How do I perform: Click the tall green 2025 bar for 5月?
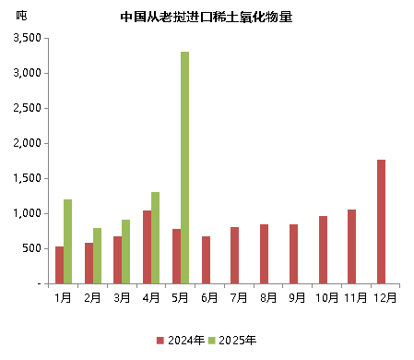point(185,167)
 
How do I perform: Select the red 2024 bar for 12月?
point(381,222)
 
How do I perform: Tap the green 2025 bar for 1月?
point(68,241)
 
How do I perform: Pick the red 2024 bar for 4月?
point(148,246)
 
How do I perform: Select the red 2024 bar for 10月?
point(323,249)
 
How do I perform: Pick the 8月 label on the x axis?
point(268,297)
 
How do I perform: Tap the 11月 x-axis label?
point(356,297)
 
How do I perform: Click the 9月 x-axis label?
point(298,297)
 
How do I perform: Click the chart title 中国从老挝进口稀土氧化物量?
point(207,16)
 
